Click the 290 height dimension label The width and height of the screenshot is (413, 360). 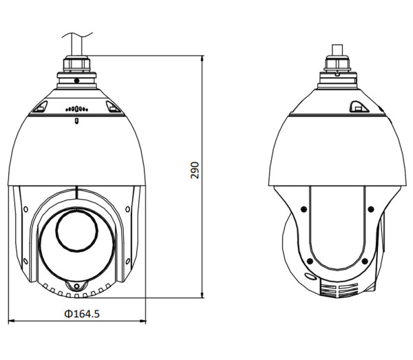coord(195,171)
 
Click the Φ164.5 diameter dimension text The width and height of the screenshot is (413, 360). coord(81,314)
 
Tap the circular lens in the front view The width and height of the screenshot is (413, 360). coord(75,231)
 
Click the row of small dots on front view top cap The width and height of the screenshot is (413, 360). coord(76,108)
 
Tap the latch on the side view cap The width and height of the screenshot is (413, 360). coord(357,106)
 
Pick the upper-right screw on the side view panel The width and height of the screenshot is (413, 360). coord(368,208)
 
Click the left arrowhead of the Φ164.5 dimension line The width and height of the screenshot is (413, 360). coord(12,322)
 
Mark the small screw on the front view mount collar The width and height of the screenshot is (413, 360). coord(76,81)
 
